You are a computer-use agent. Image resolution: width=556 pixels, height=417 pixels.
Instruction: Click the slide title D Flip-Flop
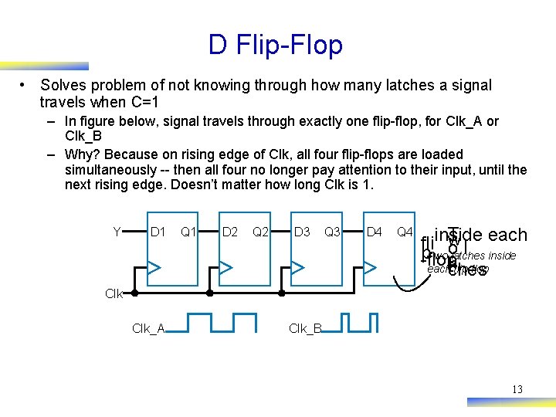(275, 45)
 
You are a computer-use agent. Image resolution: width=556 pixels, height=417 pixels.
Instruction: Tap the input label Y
(117, 232)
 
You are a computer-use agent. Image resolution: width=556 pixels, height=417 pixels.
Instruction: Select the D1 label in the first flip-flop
(158, 232)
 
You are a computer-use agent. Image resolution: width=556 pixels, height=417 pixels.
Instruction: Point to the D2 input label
(230, 232)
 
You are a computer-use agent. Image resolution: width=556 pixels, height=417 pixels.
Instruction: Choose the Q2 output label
(261, 232)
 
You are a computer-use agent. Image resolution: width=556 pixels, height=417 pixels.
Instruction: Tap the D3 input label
(302, 232)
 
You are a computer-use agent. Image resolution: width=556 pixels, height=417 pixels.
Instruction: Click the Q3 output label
(333, 232)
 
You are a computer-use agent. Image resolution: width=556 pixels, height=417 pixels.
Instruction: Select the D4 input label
(375, 232)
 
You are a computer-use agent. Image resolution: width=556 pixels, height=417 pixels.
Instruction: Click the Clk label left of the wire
(114, 293)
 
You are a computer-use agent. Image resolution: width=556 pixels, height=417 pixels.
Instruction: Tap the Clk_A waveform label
(148, 328)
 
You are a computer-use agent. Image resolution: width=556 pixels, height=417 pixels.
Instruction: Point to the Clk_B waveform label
(306, 328)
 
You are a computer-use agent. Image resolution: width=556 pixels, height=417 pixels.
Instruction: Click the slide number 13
(517, 389)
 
